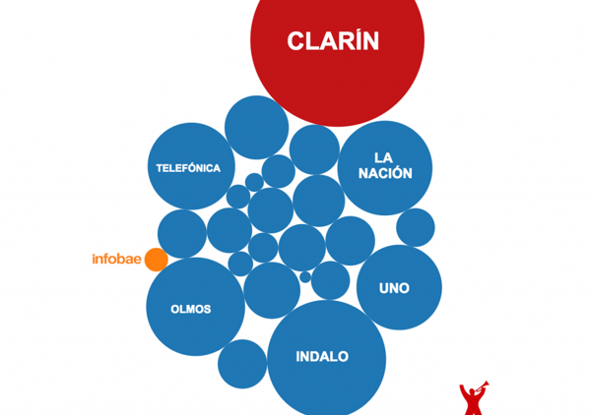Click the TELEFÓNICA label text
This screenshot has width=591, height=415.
pos(188,168)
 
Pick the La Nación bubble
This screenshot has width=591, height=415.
pos(386,167)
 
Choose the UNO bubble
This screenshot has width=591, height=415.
pos(398,287)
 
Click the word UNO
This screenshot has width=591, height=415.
pos(395,289)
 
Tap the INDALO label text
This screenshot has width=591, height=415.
pos(322,357)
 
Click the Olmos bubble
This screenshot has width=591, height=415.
pos(195,307)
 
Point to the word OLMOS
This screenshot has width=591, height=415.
pos(191,309)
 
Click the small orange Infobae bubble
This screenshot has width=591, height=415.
pos(156,260)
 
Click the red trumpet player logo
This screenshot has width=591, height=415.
pos(473,397)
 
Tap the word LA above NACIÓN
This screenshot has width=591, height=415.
pos(383,157)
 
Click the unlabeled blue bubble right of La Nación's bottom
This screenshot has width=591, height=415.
pos(416,227)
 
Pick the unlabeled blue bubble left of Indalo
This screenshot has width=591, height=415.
pos(242,363)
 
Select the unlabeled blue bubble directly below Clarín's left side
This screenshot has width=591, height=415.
pos(256,128)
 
